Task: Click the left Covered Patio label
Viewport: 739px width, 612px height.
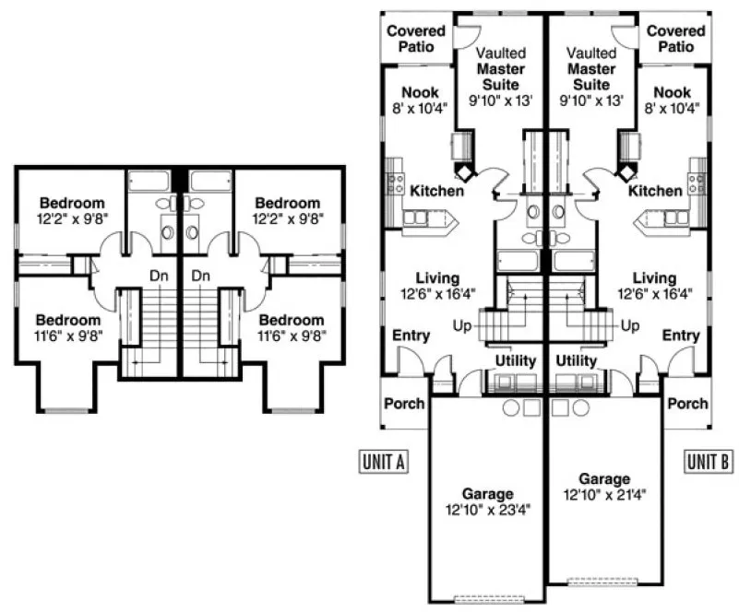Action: click(415, 38)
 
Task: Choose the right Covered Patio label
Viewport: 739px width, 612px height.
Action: click(676, 38)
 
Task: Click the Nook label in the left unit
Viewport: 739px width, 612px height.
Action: click(420, 100)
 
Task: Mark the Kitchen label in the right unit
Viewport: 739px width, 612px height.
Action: click(655, 191)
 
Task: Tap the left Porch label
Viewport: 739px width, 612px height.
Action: click(404, 403)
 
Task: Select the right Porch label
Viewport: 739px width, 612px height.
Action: click(687, 403)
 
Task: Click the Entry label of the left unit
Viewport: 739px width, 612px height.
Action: click(411, 335)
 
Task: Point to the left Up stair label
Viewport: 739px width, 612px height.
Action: click(463, 325)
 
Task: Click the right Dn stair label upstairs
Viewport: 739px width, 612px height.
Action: click(202, 275)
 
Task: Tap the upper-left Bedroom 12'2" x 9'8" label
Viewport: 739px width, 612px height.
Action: click(72, 210)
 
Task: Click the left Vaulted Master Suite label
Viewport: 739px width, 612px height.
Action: click(500, 76)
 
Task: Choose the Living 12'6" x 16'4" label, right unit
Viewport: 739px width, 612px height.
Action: click(655, 286)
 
